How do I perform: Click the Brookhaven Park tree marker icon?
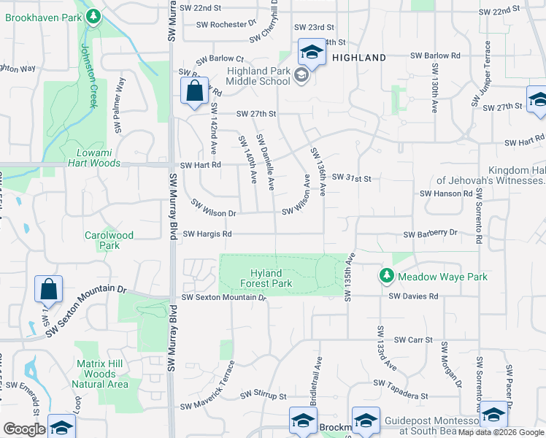[x=93, y=16]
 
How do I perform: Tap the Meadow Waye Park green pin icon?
[x=386, y=276]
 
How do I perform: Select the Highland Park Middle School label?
[x=248, y=76]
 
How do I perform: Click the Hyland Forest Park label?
[x=266, y=278]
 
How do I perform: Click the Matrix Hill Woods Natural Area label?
[x=101, y=374]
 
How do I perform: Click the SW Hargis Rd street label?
[x=207, y=234]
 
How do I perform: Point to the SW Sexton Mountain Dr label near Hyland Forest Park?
[x=223, y=297]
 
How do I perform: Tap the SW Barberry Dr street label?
[x=430, y=233]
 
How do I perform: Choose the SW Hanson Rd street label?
[x=446, y=193]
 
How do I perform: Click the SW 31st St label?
[x=353, y=178]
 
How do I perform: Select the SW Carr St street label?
[x=413, y=340]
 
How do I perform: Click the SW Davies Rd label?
[x=413, y=296]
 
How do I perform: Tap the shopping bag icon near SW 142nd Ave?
[x=194, y=92]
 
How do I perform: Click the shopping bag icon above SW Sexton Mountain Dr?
[x=48, y=289]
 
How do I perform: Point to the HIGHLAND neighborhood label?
[x=359, y=57]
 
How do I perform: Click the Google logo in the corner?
[x=24, y=429]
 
